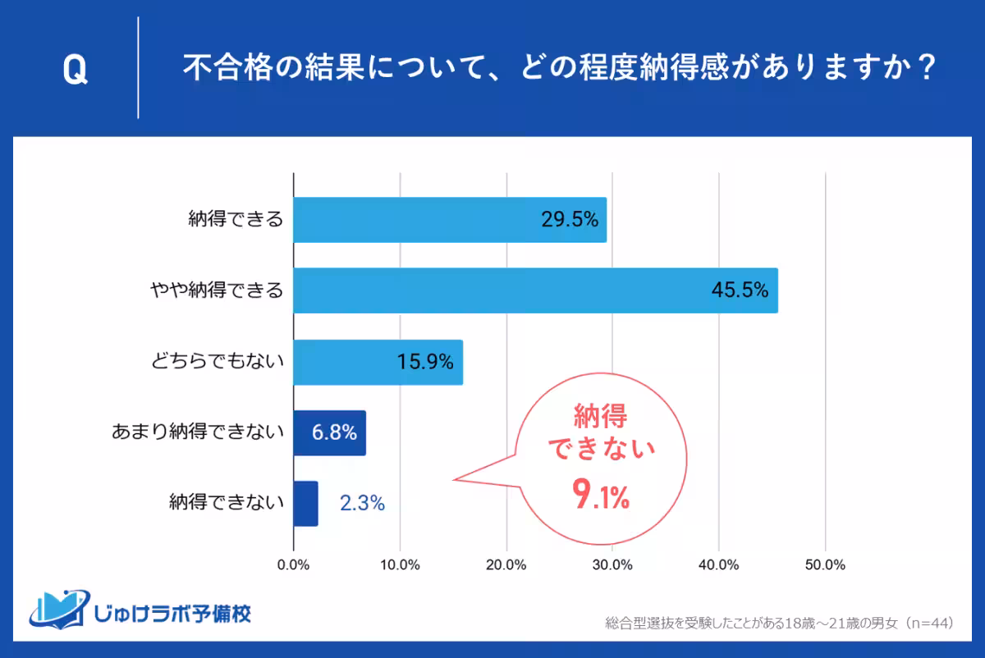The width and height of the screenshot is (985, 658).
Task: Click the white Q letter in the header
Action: (x=75, y=71)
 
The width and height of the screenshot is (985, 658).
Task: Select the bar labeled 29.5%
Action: (x=450, y=220)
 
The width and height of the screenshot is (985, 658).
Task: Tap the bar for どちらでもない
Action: (x=378, y=362)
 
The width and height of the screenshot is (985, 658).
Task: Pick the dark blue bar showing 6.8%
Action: (x=329, y=432)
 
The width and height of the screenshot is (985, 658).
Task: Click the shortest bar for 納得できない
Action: (x=305, y=503)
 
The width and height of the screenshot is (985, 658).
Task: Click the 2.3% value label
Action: (x=362, y=504)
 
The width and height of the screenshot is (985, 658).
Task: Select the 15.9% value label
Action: (x=424, y=362)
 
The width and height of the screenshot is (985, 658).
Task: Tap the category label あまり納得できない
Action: (x=197, y=432)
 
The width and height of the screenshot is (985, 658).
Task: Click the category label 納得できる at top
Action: (x=236, y=220)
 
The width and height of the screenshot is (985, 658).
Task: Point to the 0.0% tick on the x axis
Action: (x=294, y=565)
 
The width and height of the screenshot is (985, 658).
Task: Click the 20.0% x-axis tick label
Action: (x=506, y=565)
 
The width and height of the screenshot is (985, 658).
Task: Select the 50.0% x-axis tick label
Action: (x=825, y=565)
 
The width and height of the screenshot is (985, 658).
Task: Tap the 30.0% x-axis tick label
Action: (x=612, y=565)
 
